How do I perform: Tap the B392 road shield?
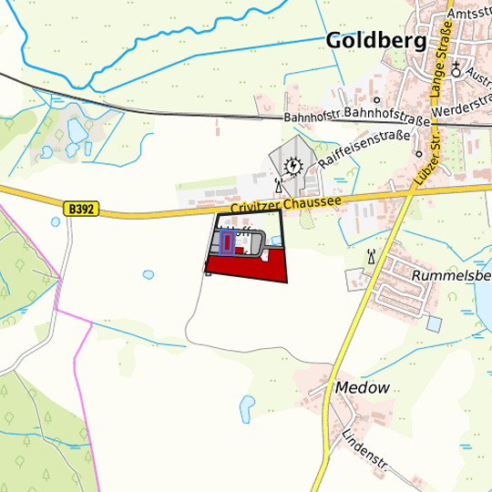80,209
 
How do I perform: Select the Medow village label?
362,387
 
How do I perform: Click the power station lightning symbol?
292,166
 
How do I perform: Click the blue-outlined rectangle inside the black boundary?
228,242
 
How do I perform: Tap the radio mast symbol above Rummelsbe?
370,255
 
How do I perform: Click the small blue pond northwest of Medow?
247,405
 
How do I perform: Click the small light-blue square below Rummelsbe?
434,323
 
